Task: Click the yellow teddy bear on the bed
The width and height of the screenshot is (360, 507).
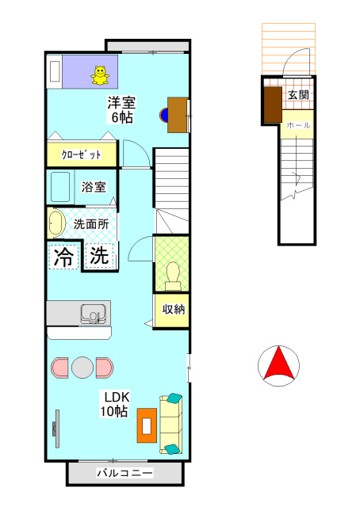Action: (x=100, y=74)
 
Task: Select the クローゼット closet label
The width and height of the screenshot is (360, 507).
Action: (x=82, y=154)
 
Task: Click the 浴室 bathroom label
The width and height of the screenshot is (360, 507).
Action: (x=94, y=188)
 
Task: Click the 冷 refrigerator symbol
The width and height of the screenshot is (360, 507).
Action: (x=64, y=256)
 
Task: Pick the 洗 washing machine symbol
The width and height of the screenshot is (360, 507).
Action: (x=98, y=256)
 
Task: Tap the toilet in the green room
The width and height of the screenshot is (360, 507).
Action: (x=173, y=274)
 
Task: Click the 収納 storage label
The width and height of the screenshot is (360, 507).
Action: (x=174, y=310)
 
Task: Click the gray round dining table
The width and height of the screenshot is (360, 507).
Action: (x=82, y=368)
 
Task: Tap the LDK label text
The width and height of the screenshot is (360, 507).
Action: (x=113, y=397)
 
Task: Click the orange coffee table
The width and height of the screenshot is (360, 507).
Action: (x=147, y=425)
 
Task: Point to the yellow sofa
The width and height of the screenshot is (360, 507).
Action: (x=171, y=425)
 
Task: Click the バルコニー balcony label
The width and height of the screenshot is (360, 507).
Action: (x=124, y=473)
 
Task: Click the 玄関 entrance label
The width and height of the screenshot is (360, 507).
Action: (x=298, y=96)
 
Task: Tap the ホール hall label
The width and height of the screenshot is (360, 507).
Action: (x=297, y=125)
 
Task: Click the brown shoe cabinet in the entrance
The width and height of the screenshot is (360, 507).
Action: (x=273, y=105)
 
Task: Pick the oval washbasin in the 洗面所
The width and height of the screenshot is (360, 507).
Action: (x=56, y=223)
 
